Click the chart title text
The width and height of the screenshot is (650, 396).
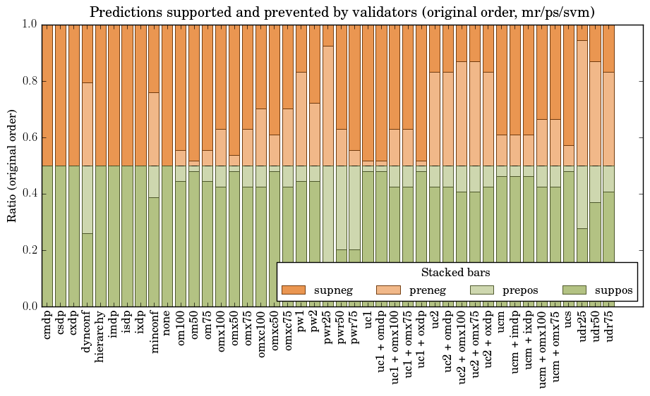pyautogui.click(x=342, y=12)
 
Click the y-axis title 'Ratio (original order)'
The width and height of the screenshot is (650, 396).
pyautogui.click(x=12, y=165)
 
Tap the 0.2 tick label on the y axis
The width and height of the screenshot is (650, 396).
pyautogui.click(x=28, y=250)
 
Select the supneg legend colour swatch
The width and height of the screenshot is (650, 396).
pyautogui.click(x=293, y=290)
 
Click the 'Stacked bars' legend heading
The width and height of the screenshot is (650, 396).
pyautogui.click(x=456, y=273)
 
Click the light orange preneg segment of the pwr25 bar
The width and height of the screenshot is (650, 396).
pyautogui.click(x=327, y=106)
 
